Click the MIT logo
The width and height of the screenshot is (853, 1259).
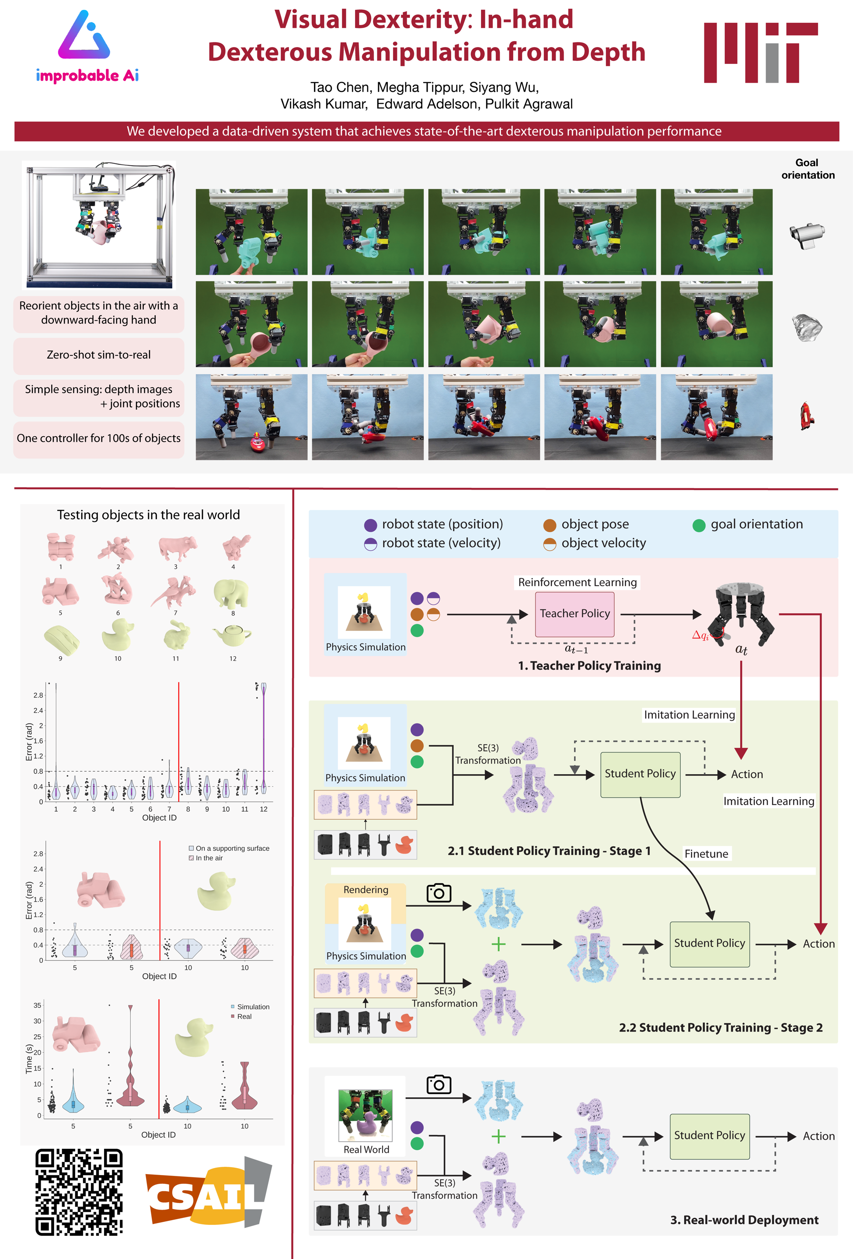(x=760, y=52)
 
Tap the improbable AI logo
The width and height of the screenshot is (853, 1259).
(x=87, y=47)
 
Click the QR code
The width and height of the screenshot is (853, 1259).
(x=79, y=1191)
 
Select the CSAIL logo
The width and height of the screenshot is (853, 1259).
(x=208, y=1192)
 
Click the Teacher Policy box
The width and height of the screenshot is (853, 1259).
(x=574, y=614)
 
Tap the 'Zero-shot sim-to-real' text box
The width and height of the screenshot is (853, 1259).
(x=99, y=355)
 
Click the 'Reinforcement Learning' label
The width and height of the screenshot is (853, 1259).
(x=577, y=582)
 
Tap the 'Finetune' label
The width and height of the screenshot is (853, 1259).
(x=706, y=854)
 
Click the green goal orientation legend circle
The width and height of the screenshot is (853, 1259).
(x=699, y=525)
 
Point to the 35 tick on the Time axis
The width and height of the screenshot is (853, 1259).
(x=38, y=1005)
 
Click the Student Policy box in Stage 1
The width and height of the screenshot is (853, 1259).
(x=640, y=774)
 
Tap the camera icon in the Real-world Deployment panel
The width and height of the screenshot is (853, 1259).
(x=439, y=1085)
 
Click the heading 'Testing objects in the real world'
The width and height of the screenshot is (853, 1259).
(x=149, y=515)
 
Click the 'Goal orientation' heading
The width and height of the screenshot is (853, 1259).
(x=807, y=168)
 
